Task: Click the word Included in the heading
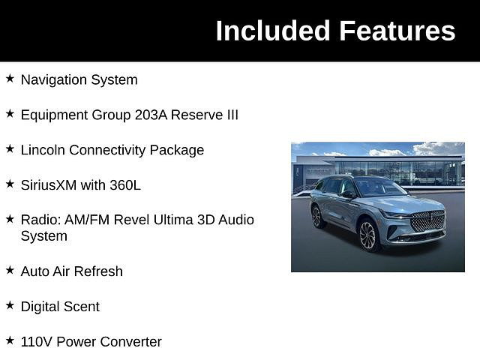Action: coord(273,30)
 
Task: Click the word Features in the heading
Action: coord(397,30)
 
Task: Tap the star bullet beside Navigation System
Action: coord(10,78)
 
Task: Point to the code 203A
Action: coord(151,115)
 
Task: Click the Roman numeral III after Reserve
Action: coord(232,115)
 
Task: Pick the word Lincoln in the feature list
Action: coord(43,150)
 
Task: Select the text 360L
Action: coord(125,185)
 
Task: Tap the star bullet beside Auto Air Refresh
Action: coord(10,270)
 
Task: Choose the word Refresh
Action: coord(98,271)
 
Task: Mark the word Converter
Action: coord(130,342)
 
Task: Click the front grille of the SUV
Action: coord(427,221)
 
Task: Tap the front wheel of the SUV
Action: coord(368,235)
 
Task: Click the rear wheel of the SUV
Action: coord(317,217)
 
